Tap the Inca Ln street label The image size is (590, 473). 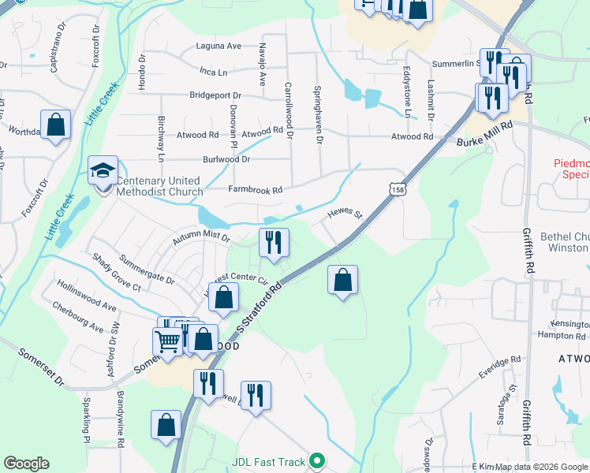[213, 72]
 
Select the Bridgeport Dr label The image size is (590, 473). [215, 95]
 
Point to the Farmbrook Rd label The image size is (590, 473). [255, 190]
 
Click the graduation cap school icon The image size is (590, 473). [103, 170]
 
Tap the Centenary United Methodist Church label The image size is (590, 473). [159, 186]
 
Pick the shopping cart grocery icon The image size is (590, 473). [167, 341]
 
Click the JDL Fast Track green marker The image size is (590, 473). [317, 460]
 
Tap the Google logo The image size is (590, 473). [26, 464]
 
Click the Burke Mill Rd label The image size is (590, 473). [484, 132]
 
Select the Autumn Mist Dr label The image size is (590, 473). [203, 236]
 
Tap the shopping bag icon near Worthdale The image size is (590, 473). [55, 125]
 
